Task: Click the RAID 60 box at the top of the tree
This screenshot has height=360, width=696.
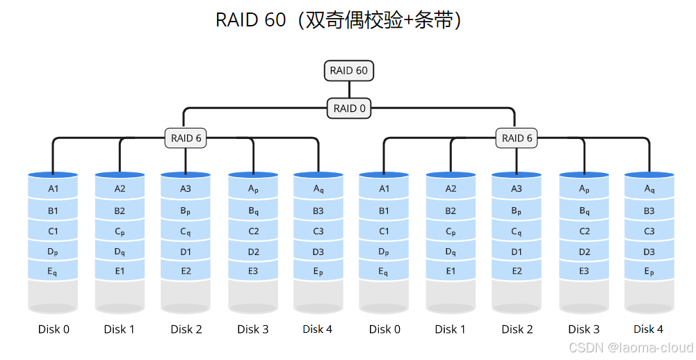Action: click(x=349, y=70)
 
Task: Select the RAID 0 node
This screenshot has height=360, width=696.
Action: click(x=349, y=108)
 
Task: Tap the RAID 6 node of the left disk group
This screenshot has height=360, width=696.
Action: click(x=186, y=138)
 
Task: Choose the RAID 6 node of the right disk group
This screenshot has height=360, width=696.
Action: click(x=517, y=138)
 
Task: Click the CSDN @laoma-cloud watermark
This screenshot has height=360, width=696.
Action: click(x=630, y=347)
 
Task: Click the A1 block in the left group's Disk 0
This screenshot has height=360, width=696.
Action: click(x=54, y=189)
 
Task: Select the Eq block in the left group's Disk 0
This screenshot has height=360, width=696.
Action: click(x=54, y=272)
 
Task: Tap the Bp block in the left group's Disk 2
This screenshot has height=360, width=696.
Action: click(x=186, y=211)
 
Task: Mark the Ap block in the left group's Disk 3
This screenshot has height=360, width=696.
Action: click(x=253, y=189)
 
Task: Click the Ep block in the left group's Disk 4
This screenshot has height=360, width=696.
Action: click(x=318, y=272)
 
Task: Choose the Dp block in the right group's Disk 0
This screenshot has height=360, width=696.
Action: click(x=384, y=252)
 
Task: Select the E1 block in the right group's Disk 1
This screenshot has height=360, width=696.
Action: click(x=451, y=272)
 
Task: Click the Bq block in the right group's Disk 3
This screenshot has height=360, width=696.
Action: click(x=584, y=211)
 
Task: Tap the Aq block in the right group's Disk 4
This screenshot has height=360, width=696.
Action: click(x=649, y=189)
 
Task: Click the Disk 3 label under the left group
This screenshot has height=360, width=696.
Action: click(x=253, y=329)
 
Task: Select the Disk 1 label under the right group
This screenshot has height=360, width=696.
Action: click(x=451, y=329)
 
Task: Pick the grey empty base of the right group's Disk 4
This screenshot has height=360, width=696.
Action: click(x=649, y=295)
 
